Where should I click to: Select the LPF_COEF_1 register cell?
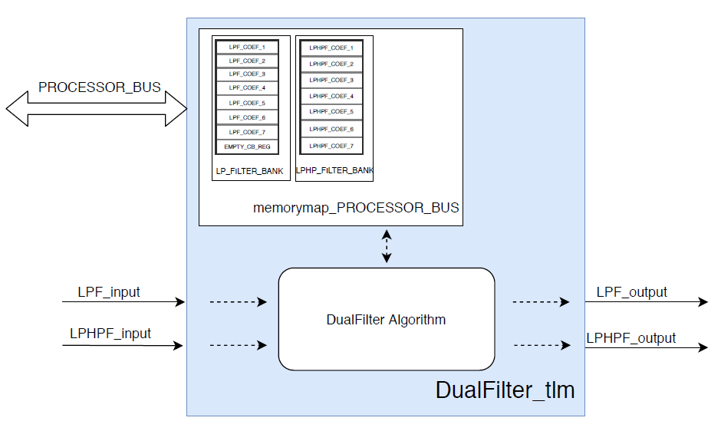coord(247,47)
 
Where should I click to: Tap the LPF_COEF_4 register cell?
coord(247,88)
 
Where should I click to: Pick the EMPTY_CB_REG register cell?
coord(247,146)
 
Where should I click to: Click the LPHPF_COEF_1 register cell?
coord(331,48)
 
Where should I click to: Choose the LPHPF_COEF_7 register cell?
coord(331,146)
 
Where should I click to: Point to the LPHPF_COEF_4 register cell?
coord(331,97)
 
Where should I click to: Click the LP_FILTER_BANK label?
coord(251,169)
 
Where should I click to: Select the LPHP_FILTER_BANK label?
coord(334,170)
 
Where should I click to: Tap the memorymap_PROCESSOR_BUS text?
coord(356,208)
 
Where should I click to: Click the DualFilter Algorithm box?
coord(386,319)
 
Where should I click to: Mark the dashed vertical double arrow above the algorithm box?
coord(387,246)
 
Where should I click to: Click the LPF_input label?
coord(109,292)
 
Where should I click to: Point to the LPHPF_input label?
coord(110,334)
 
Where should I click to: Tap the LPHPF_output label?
coord(630,337)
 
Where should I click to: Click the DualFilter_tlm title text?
coord(505,390)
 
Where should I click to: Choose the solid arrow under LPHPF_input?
coord(123,346)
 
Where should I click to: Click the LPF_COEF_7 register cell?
coord(247,132)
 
